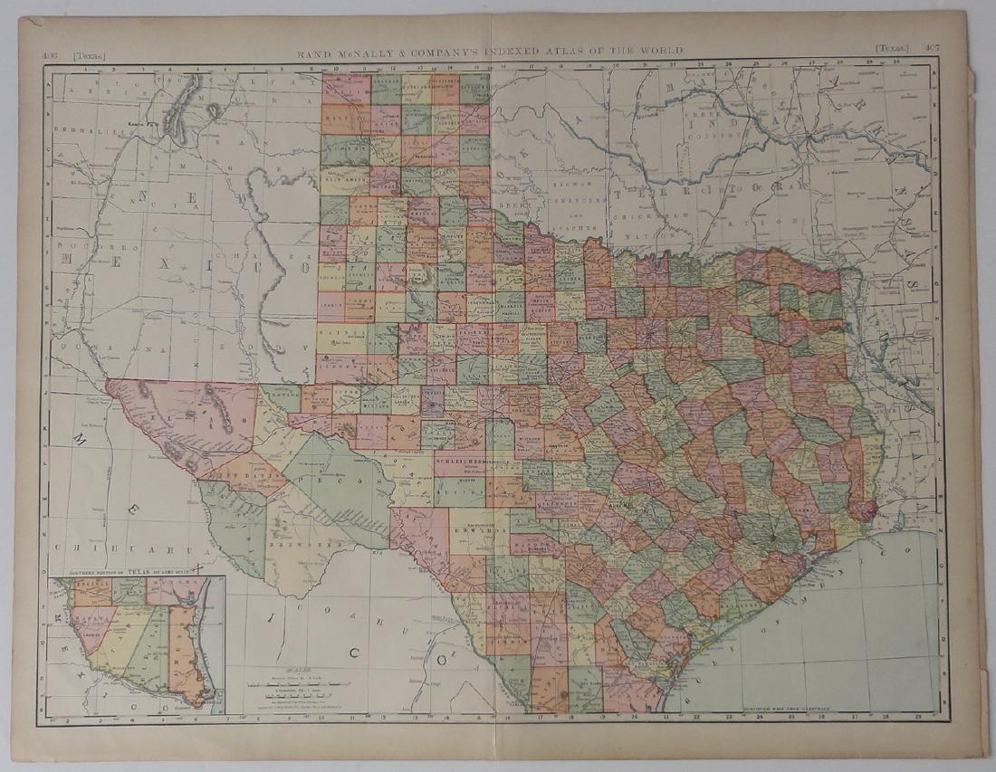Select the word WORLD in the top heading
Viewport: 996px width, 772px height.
coord(663,51)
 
